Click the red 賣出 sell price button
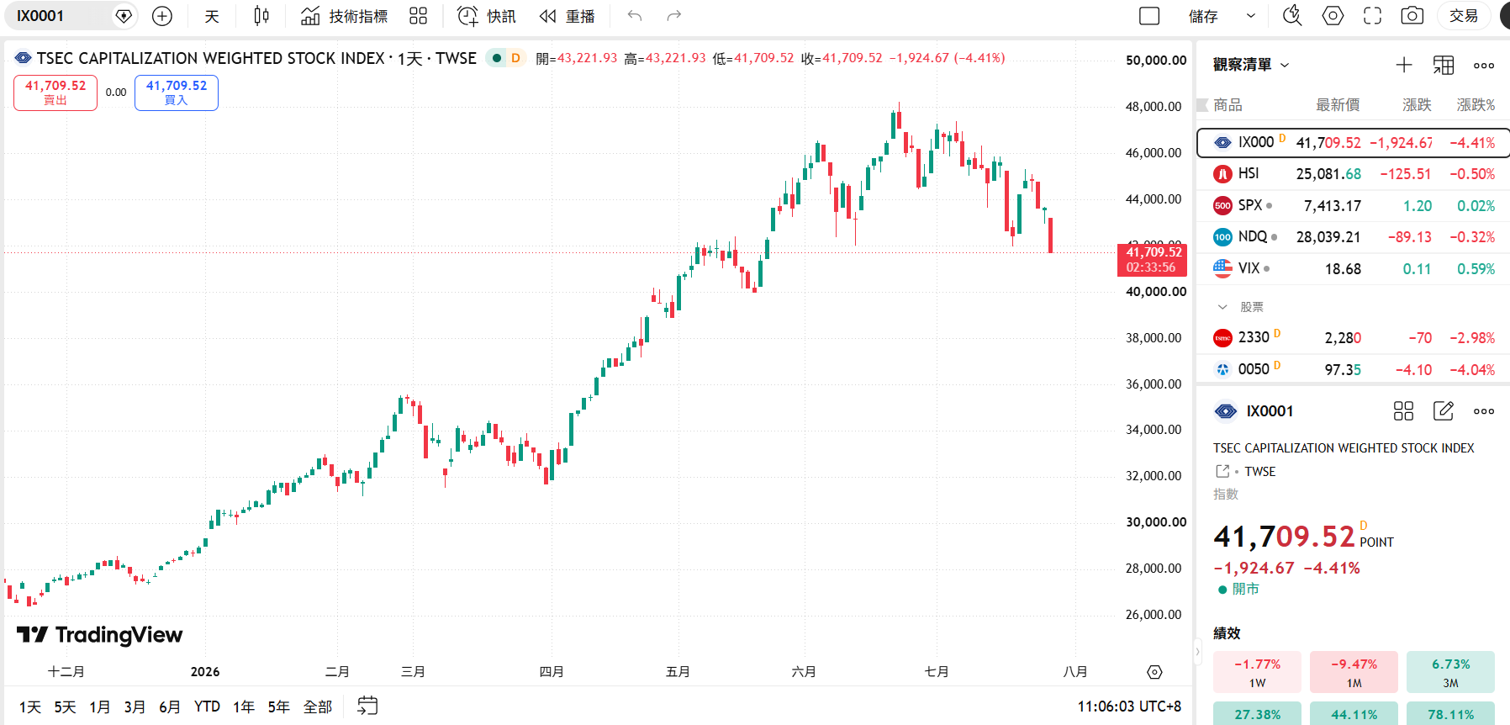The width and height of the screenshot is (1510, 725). point(55,93)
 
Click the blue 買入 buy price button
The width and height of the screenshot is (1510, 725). point(177,93)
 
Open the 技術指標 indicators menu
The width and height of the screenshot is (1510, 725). point(345,16)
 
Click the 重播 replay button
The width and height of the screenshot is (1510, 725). point(568,16)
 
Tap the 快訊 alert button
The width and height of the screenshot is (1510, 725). point(487,16)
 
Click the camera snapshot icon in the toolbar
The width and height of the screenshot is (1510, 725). point(1412,16)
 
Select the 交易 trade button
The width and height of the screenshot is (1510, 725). point(1464,16)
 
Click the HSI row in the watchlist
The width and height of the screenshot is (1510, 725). point(1353,174)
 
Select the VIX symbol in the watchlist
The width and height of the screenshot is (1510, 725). point(1249,268)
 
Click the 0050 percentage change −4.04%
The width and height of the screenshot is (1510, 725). point(1472,369)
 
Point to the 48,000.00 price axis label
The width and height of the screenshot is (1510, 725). point(1154,107)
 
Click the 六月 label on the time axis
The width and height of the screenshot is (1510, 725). point(804,671)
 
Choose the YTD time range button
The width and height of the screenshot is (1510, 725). point(207,706)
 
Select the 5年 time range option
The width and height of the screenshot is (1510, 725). point(279,706)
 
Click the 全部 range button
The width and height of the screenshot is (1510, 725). point(318,706)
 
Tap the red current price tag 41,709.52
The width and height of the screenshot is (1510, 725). point(1152,259)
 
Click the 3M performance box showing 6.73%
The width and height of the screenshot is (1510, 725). point(1450,672)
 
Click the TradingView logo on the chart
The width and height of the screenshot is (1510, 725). point(100,635)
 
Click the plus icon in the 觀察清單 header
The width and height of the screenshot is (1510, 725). point(1404,65)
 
